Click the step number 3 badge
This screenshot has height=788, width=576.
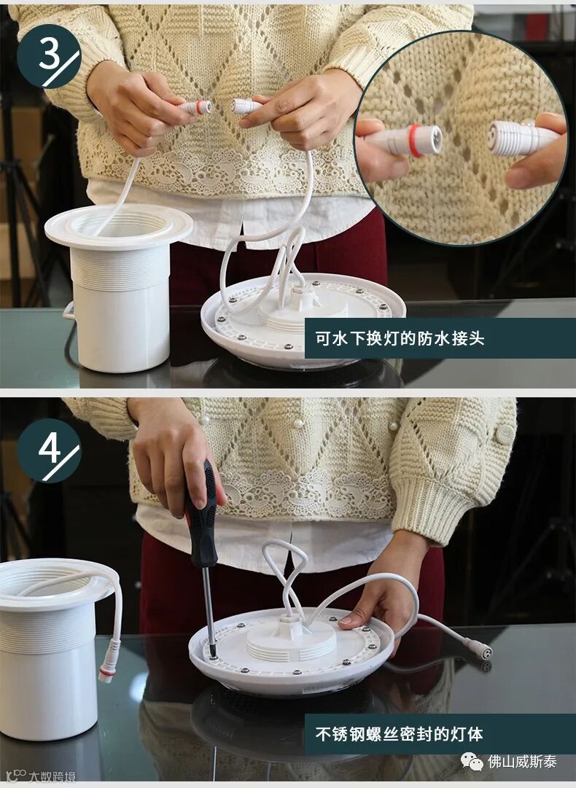point(49,56)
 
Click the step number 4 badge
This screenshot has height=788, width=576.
point(49,450)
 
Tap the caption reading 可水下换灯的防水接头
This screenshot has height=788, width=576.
point(400,338)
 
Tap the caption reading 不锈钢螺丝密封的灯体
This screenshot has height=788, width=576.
point(399,734)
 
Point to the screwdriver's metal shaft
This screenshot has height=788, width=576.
point(208,611)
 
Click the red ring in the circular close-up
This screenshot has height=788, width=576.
point(414,141)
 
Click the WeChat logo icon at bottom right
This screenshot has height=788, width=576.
point(472,761)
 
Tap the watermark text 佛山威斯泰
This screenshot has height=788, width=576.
point(522,762)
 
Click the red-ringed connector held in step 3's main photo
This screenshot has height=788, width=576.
point(196,107)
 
